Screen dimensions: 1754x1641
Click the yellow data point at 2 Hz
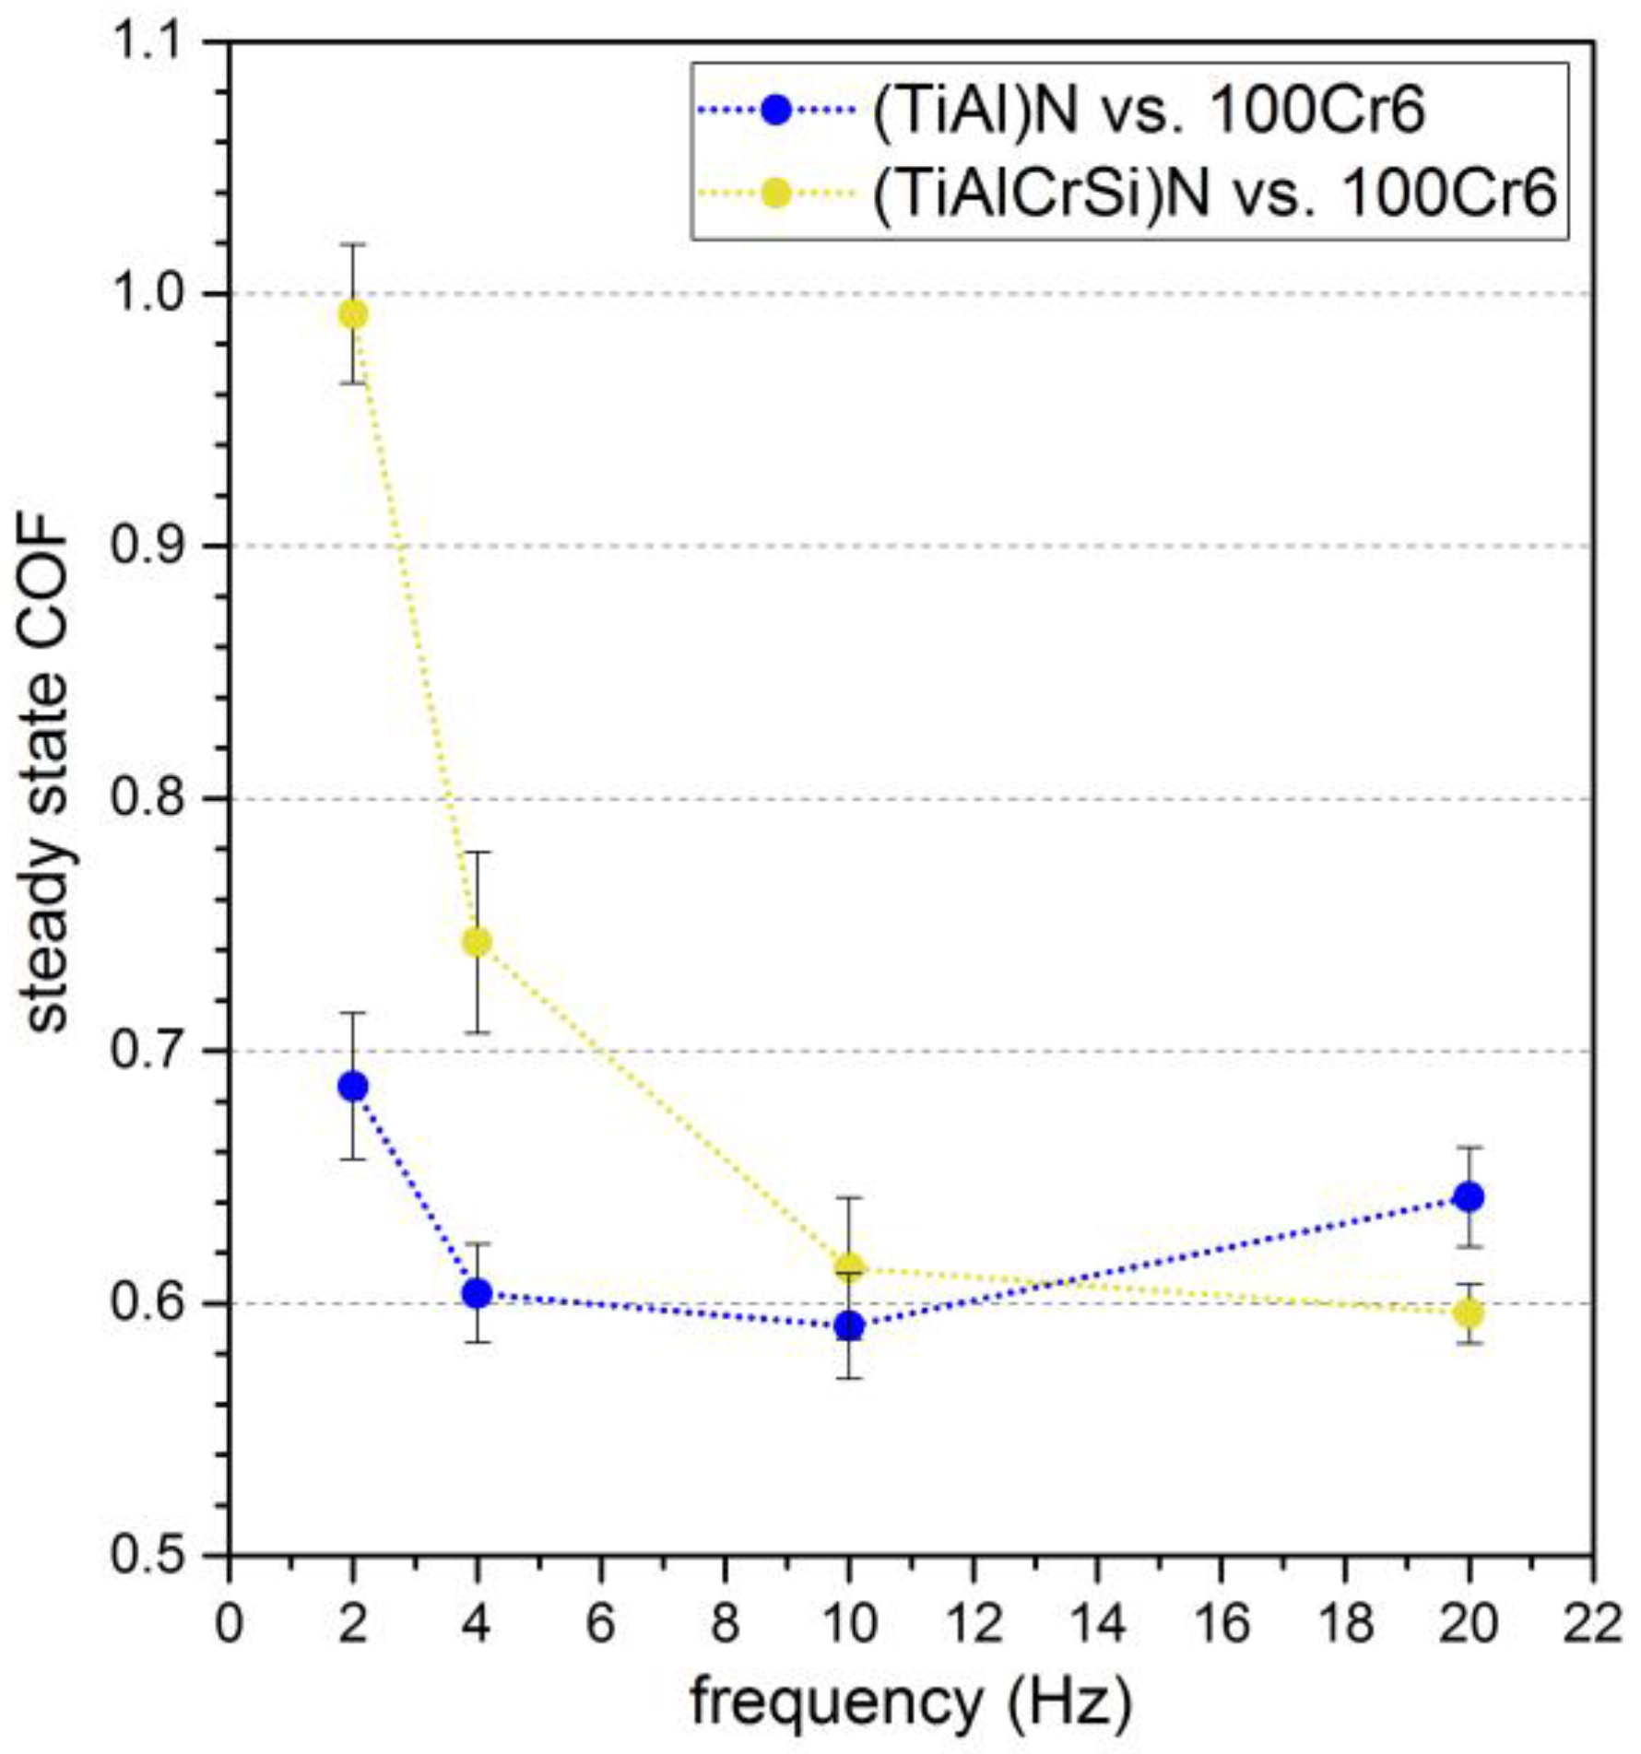coord(353,314)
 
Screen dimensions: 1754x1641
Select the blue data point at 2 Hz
coord(353,1087)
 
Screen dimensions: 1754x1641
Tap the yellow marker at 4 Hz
coord(477,942)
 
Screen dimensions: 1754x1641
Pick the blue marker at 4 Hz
coord(477,1293)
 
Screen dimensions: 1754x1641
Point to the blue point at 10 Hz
coord(849,1326)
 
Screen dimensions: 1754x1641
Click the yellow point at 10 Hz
coord(849,1267)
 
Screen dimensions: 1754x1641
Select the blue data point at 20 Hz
coord(1469,1197)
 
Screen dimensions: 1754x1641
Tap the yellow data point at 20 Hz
coord(1469,1313)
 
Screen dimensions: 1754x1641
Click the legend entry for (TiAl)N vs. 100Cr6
coord(1148,112)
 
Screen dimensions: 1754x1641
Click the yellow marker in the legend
coord(777,194)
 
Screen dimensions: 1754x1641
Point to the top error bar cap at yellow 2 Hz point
coord(353,244)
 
